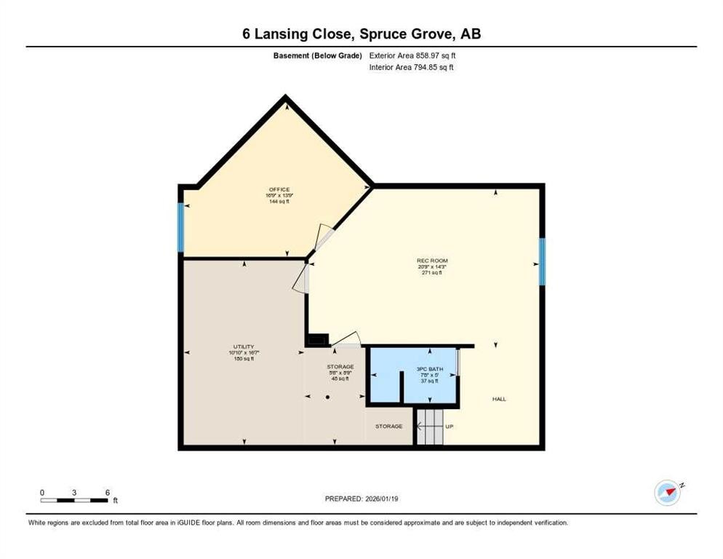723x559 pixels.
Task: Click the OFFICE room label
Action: pyautogui.click(x=279, y=190)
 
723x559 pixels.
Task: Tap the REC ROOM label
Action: pyautogui.click(x=432, y=261)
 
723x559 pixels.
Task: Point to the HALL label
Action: pyautogui.click(x=499, y=399)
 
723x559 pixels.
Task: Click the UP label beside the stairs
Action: pyautogui.click(x=450, y=427)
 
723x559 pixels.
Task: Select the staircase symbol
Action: pyautogui.click(x=429, y=427)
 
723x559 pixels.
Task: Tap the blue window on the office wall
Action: pyautogui.click(x=180, y=227)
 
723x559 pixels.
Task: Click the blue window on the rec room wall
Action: pyautogui.click(x=542, y=262)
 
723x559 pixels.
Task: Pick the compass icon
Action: pyautogui.click(x=667, y=493)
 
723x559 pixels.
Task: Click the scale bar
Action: pyautogui.click(x=75, y=500)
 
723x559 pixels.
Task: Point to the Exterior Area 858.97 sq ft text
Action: pyautogui.click(x=413, y=55)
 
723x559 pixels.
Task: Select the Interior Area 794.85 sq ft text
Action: pyautogui.click(x=412, y=68)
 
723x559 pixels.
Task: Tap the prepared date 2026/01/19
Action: pyautogui.click(x=361, y=499)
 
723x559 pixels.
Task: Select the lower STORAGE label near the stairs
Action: pyautogui.click(x=388, y=427)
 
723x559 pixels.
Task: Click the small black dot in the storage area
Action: pyautogui.click(x=328, y=397)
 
